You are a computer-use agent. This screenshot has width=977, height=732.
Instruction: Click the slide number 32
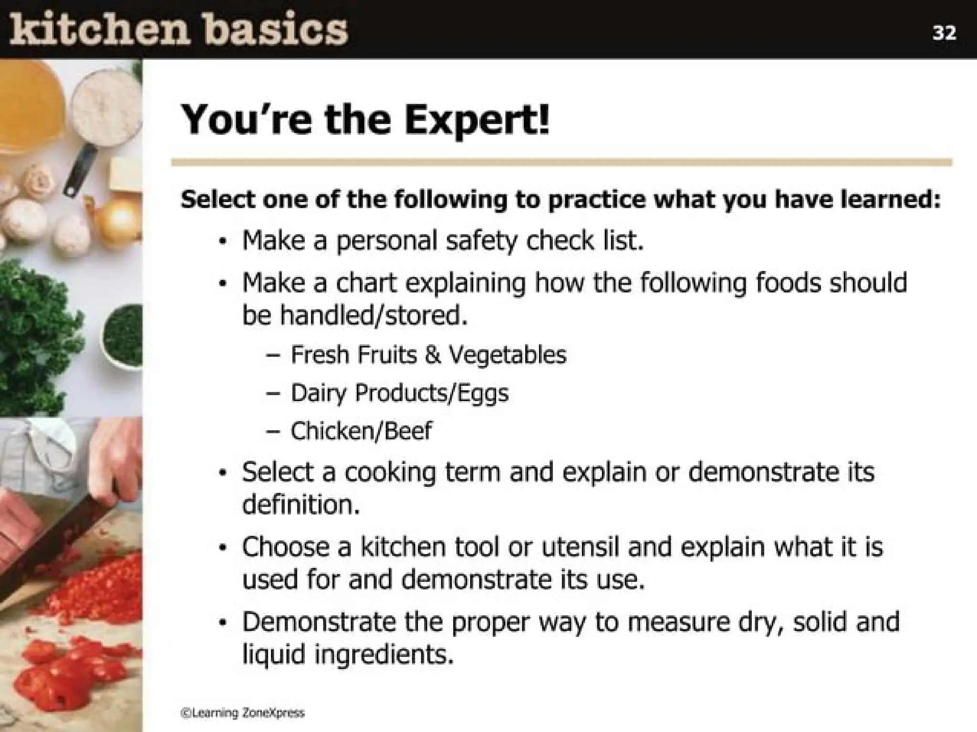click(944, 33)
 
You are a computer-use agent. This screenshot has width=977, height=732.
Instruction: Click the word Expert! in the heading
click(477, 120)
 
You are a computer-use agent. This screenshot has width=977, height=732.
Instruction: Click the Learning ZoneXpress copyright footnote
click(242, 713)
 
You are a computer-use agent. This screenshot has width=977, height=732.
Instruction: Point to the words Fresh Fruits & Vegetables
click(428, 355)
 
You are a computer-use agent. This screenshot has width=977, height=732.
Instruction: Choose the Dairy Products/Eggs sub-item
click(399, 393)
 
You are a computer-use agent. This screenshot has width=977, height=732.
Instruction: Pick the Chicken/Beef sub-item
click(361, 431)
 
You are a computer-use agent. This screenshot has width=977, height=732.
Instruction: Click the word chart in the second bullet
click(366, 283)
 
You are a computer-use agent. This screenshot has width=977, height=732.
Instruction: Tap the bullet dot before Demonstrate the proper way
click(222, 623)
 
